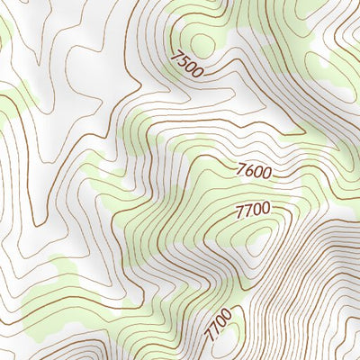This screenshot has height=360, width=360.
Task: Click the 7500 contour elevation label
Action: click(x=186, y=64)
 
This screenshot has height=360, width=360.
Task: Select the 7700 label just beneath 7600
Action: click(x=252, y=211)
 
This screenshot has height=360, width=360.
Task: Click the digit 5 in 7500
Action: click(x=183, y=61)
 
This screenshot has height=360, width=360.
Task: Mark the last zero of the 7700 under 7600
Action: click(x=265, y=210)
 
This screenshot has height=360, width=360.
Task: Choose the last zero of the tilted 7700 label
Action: click(x=226, y=312)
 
